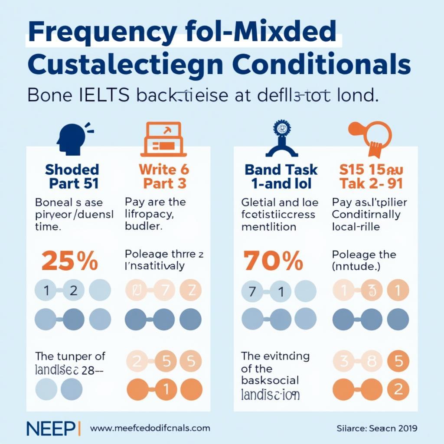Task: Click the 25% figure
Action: pyautogui.click(x=69, y=261)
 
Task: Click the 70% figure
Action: pyautogui.click(x=273, y=261)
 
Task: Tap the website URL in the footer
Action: pyautogui.click(x=150, y=428)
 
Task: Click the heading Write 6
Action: pyautogui.click(x=164, y=169)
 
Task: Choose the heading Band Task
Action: pyautogui.click(x=281, y=169)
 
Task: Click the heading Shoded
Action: pyautogui.click(x=72, y=169)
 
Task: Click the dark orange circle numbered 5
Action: pyautogui.click(x=398, y=361)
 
